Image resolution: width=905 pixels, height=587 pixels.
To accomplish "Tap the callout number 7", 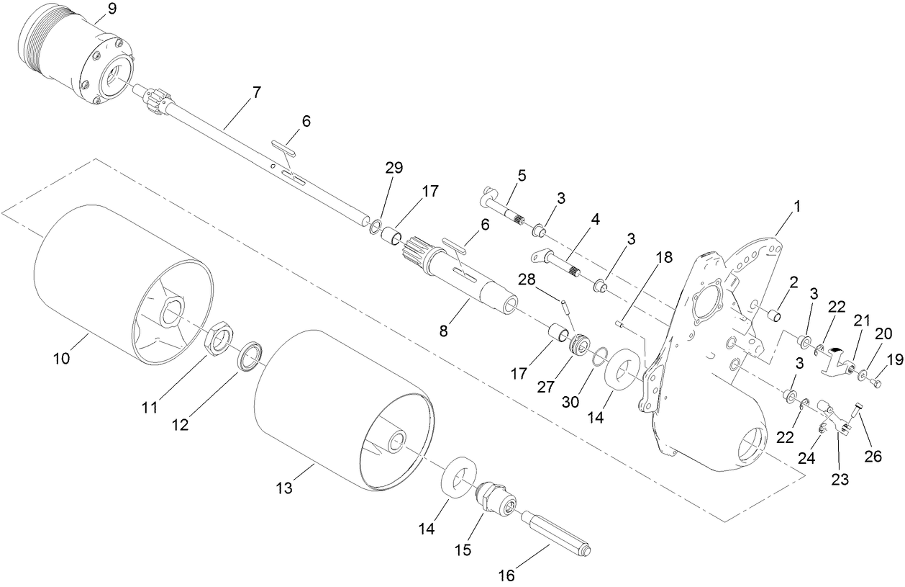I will click(x=256, y=92).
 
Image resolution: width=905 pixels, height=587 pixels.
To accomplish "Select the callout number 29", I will click(x=394, y=167).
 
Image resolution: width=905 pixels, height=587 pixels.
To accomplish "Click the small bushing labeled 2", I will click(x=775, y=315).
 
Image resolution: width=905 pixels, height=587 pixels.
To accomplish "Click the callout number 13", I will click(x=284, y=488).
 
